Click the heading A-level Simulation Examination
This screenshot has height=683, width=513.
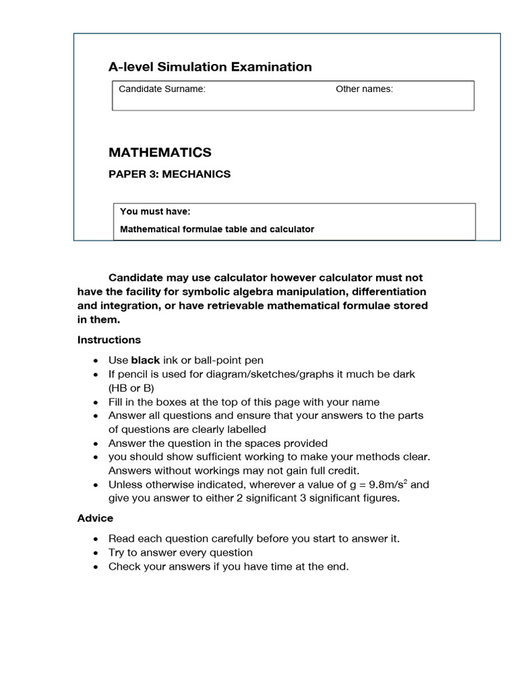(x=210, y=67)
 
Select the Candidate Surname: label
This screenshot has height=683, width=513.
(x=162, y=89)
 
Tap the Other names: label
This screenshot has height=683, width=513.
(x=364, y=89)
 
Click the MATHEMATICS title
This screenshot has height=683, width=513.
(x=160, y=152)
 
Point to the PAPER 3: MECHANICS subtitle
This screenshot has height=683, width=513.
(x=170, y=174)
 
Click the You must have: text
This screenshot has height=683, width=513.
(x=155, y=212)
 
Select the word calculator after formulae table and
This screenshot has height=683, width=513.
(x=291, y=229)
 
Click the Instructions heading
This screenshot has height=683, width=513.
(x=109, y=339)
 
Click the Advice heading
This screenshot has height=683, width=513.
(x=95, y=518)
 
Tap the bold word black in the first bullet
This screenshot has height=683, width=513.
(x=145, y=360)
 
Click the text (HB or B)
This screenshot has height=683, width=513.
(x=132, y=388)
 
